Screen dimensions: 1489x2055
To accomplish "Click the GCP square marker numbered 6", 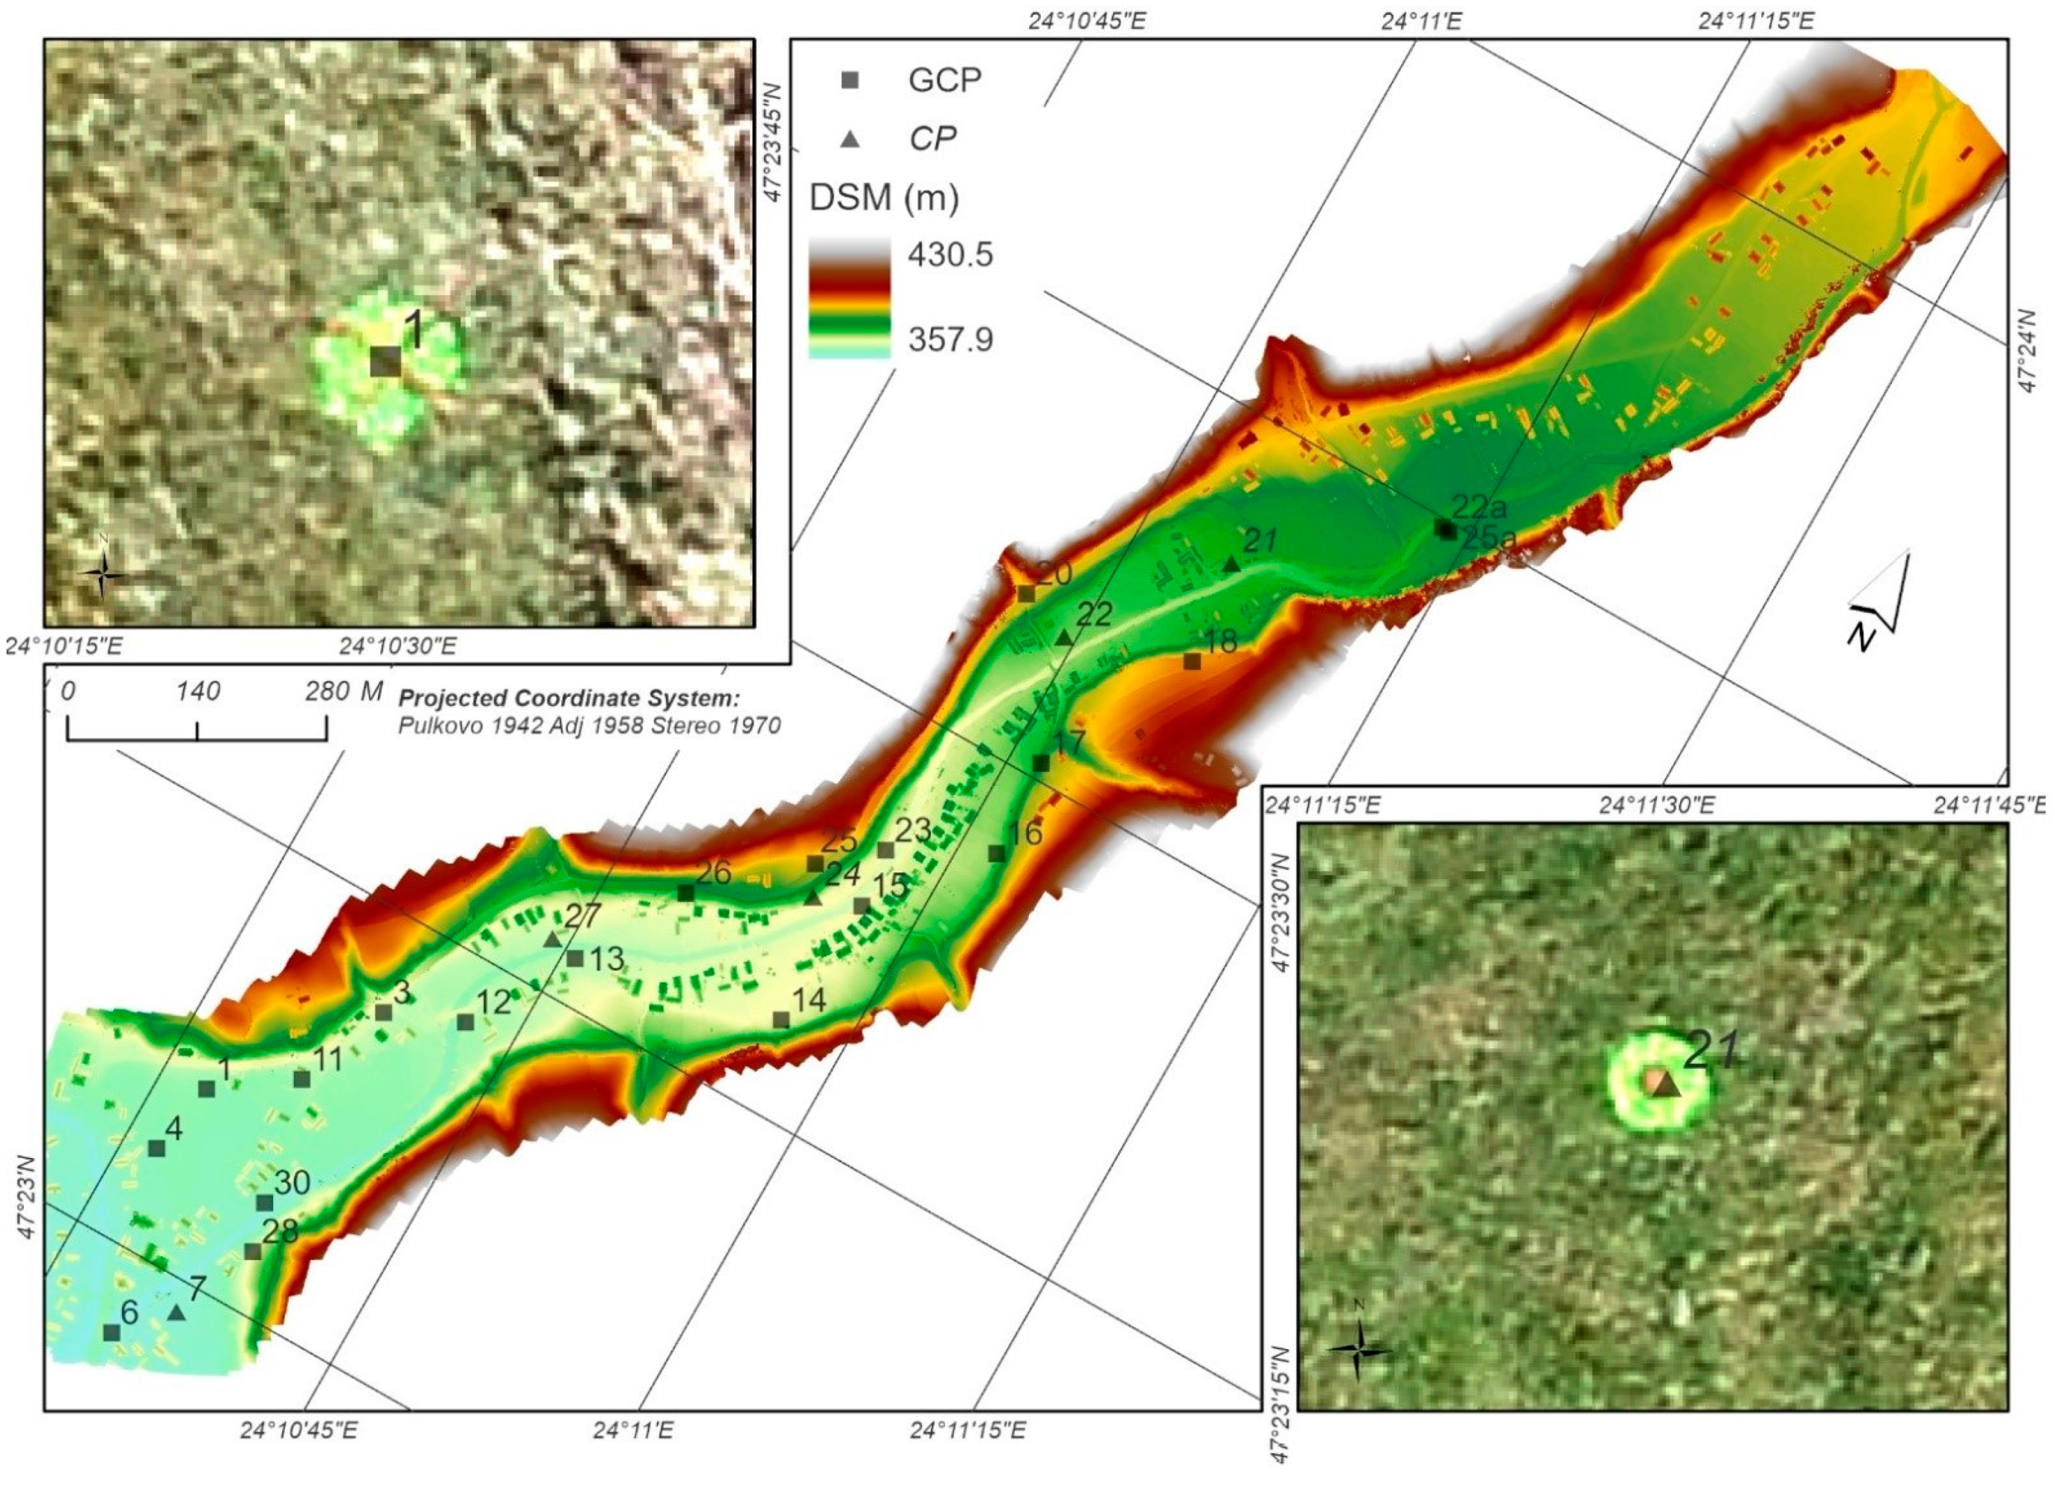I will (x=112, y=1332).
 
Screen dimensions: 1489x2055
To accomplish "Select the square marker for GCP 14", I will (x=781, y=1020).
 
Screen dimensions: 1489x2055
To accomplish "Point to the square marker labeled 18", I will (x=1193, y=662).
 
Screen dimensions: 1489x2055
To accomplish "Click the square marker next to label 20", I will (x=1027, y=594).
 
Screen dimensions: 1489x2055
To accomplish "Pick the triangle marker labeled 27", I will (x=553, y=939).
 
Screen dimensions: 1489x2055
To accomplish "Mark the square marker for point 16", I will (x=997, y=853).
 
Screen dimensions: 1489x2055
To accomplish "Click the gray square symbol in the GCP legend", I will (x=850, y=80).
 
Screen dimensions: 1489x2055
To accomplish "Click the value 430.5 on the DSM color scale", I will (x=950, y=254).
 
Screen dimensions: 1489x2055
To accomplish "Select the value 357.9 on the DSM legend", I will (x=950, y=340).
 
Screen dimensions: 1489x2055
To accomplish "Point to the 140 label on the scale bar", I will (x=199, y=692).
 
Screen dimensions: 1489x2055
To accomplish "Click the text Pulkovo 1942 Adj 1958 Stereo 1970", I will (x=589, y=725).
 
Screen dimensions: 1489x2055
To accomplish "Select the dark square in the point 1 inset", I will (x=385, y=361).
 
